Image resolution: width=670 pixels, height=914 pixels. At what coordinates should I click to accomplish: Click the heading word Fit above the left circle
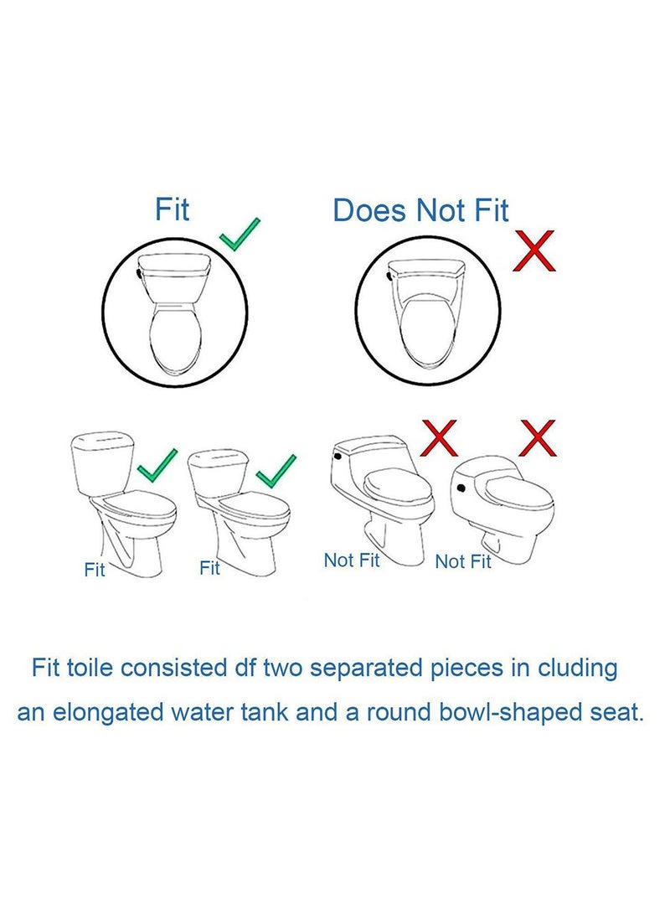173,209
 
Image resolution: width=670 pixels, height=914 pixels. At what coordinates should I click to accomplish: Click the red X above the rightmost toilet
537,439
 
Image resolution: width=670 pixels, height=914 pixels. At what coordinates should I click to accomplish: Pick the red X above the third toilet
442,438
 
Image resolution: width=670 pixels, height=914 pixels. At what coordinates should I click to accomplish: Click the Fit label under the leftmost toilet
95,570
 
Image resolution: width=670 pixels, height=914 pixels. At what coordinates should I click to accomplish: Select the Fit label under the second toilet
209,568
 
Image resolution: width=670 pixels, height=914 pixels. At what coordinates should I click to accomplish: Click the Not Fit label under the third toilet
352,560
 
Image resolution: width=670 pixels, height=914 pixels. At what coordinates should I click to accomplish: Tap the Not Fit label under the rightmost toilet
463,561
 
